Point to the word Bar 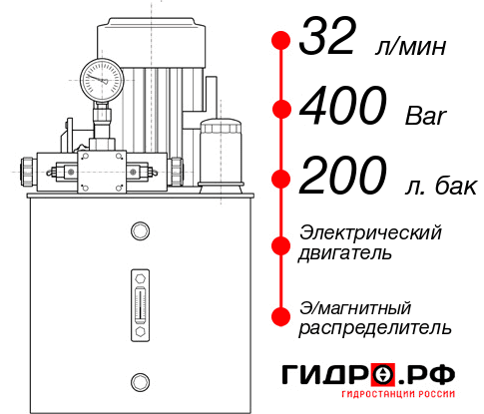428,115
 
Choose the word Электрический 370,232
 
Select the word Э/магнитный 356,306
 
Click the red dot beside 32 281,42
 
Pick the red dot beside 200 281,179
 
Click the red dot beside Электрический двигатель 281,242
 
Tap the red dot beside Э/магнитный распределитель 281,316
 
